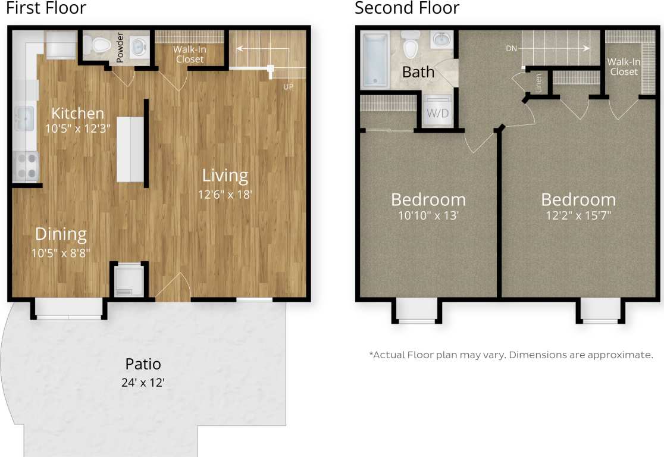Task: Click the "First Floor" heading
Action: (46, 8)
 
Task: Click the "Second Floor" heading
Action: (407, 8)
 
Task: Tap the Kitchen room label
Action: (77, 113)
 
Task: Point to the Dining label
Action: (61, 234)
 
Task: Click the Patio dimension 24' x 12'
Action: (143, 383)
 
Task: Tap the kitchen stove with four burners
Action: (26, 166)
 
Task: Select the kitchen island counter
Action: (130, 149)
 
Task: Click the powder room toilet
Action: (98, 43)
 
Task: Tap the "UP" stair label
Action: (288, 87)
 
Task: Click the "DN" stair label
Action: (511, 49)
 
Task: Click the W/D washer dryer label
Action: (438, 112)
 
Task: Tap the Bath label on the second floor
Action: (418, 73)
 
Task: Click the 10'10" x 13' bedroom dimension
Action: (428, 216)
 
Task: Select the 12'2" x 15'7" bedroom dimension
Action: (578, 215)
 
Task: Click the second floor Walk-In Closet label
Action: (624, 67)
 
